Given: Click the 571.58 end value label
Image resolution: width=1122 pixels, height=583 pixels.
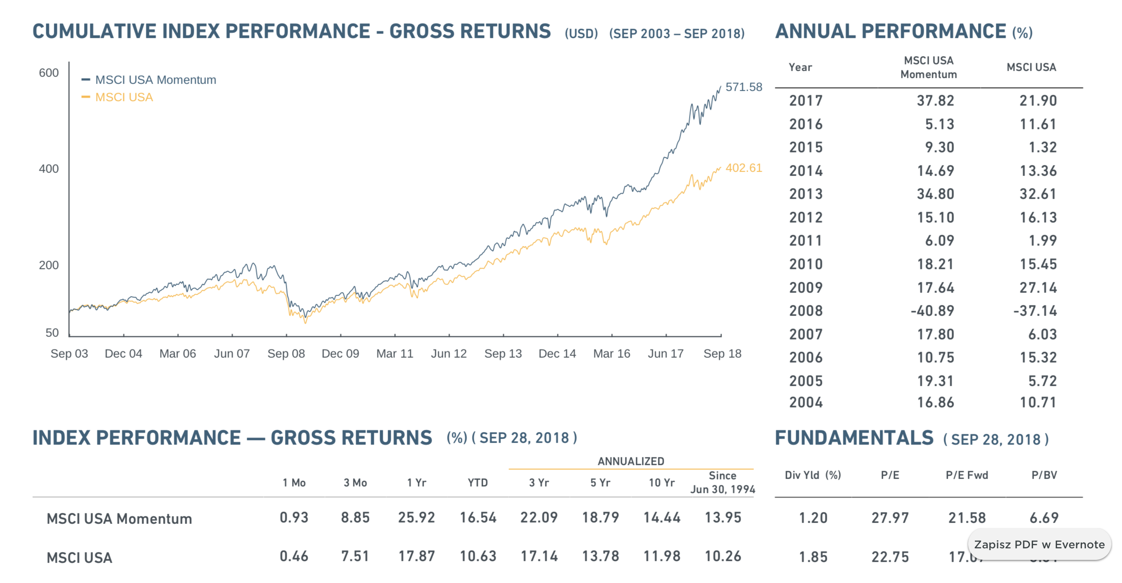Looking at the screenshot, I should [x=743, y=87].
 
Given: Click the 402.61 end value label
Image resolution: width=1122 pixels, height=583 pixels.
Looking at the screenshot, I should [x=743, y=168].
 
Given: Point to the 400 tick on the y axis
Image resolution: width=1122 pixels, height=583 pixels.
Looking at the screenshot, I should [x=49, y=169].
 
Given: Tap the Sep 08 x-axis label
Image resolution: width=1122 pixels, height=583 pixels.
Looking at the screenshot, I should [x=286, y=354].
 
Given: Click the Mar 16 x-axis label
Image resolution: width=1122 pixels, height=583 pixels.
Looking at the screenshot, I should [x=612, y=354].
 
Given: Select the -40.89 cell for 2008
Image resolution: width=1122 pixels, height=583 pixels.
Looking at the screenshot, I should [x=932, y=311].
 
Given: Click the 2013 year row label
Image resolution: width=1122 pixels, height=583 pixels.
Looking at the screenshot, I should [x=806, y=194].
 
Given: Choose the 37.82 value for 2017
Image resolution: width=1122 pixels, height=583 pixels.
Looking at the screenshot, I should [x=935, y=101].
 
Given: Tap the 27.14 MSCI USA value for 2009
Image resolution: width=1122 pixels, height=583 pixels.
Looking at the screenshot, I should [x=1038, y=288].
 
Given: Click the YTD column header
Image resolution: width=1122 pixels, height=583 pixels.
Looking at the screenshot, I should [x=477, y=483].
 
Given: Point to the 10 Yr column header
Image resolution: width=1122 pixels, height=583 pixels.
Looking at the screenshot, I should [x=661, y=483].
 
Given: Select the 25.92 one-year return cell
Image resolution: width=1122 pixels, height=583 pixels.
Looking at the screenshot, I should [x=417, y=518].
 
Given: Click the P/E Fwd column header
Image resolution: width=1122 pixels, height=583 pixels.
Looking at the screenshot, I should [x=967, y=475].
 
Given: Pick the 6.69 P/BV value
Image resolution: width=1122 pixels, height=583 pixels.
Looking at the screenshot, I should [x=1044, y=518].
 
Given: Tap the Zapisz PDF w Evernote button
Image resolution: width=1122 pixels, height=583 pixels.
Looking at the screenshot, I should [x=1039, y=545].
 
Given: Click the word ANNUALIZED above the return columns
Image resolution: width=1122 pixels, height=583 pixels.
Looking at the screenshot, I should [x=631, y=461].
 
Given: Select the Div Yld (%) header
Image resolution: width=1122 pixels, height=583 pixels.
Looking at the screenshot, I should [x=813, y=475].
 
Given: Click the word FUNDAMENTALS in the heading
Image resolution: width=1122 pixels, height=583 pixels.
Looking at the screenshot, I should [x=854, y=438].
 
